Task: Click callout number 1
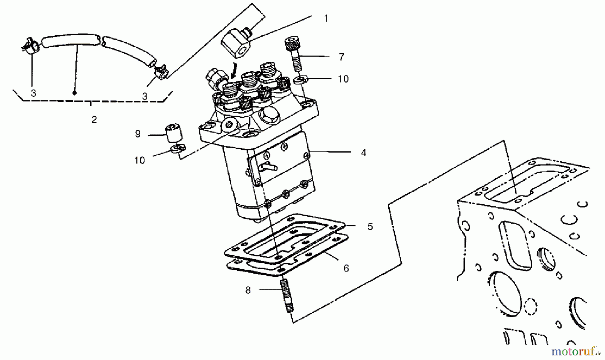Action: point(325,18)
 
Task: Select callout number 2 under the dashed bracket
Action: point(94,119)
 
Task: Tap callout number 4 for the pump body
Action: point(363,153)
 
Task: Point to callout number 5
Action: point(370,227)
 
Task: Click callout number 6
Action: point(346,268)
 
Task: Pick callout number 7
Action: point(341,57)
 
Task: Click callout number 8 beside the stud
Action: point(248,290)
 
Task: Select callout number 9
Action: point(138,134)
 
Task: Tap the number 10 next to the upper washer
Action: point(343,79)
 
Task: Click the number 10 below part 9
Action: point(139,160)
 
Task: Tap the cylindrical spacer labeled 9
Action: point(173,133)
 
